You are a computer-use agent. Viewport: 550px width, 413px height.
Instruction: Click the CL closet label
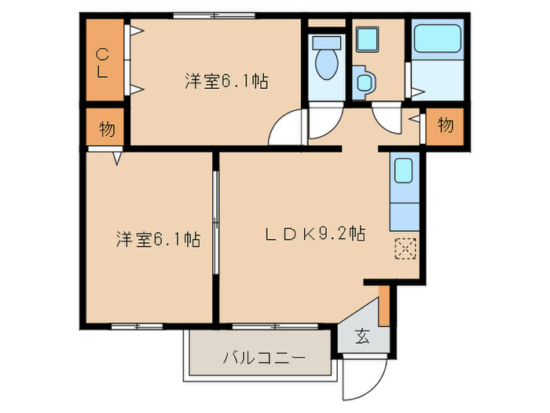coord(103,63)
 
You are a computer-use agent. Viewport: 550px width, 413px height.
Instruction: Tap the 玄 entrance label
coord(362,337)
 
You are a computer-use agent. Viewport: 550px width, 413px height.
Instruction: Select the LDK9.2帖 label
coord(313,234)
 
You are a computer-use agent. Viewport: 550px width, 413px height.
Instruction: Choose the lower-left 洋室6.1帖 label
coord(157,239)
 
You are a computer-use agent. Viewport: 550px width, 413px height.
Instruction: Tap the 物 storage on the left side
coord(106,129)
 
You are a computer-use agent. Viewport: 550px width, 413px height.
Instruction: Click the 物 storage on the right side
coord(445,125)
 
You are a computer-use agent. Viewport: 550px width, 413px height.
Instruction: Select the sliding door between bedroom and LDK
coord(216,236)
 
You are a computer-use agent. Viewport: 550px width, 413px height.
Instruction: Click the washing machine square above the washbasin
coord(367,38)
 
